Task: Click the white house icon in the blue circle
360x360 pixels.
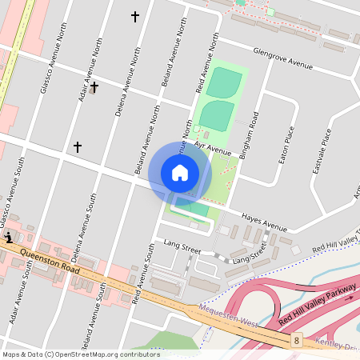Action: tap(180, 172)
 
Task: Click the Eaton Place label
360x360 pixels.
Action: tap(282, 145)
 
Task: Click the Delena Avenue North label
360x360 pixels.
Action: tap(123, 82)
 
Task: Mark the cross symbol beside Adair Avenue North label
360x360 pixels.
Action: tap(94, 86)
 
